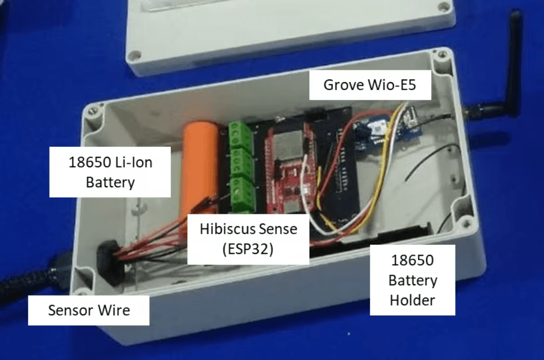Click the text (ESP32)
coord(247,249)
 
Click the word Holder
coord(412,300)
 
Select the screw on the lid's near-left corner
coord(134,54)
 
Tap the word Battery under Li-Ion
coord(110,182)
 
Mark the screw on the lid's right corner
coord(443,6)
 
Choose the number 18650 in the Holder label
coord(412,260)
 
